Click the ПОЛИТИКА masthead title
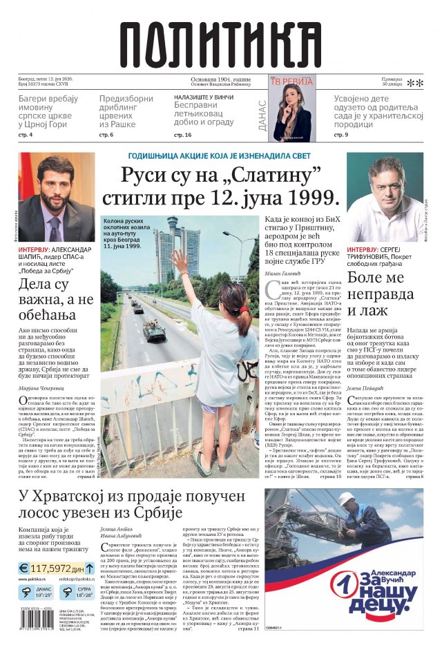pyautogui.click(x=220, y=42)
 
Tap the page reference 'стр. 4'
pyautogui.click(x=26, y=135)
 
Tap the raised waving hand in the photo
pyautogui.click(x=182, y=263)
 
